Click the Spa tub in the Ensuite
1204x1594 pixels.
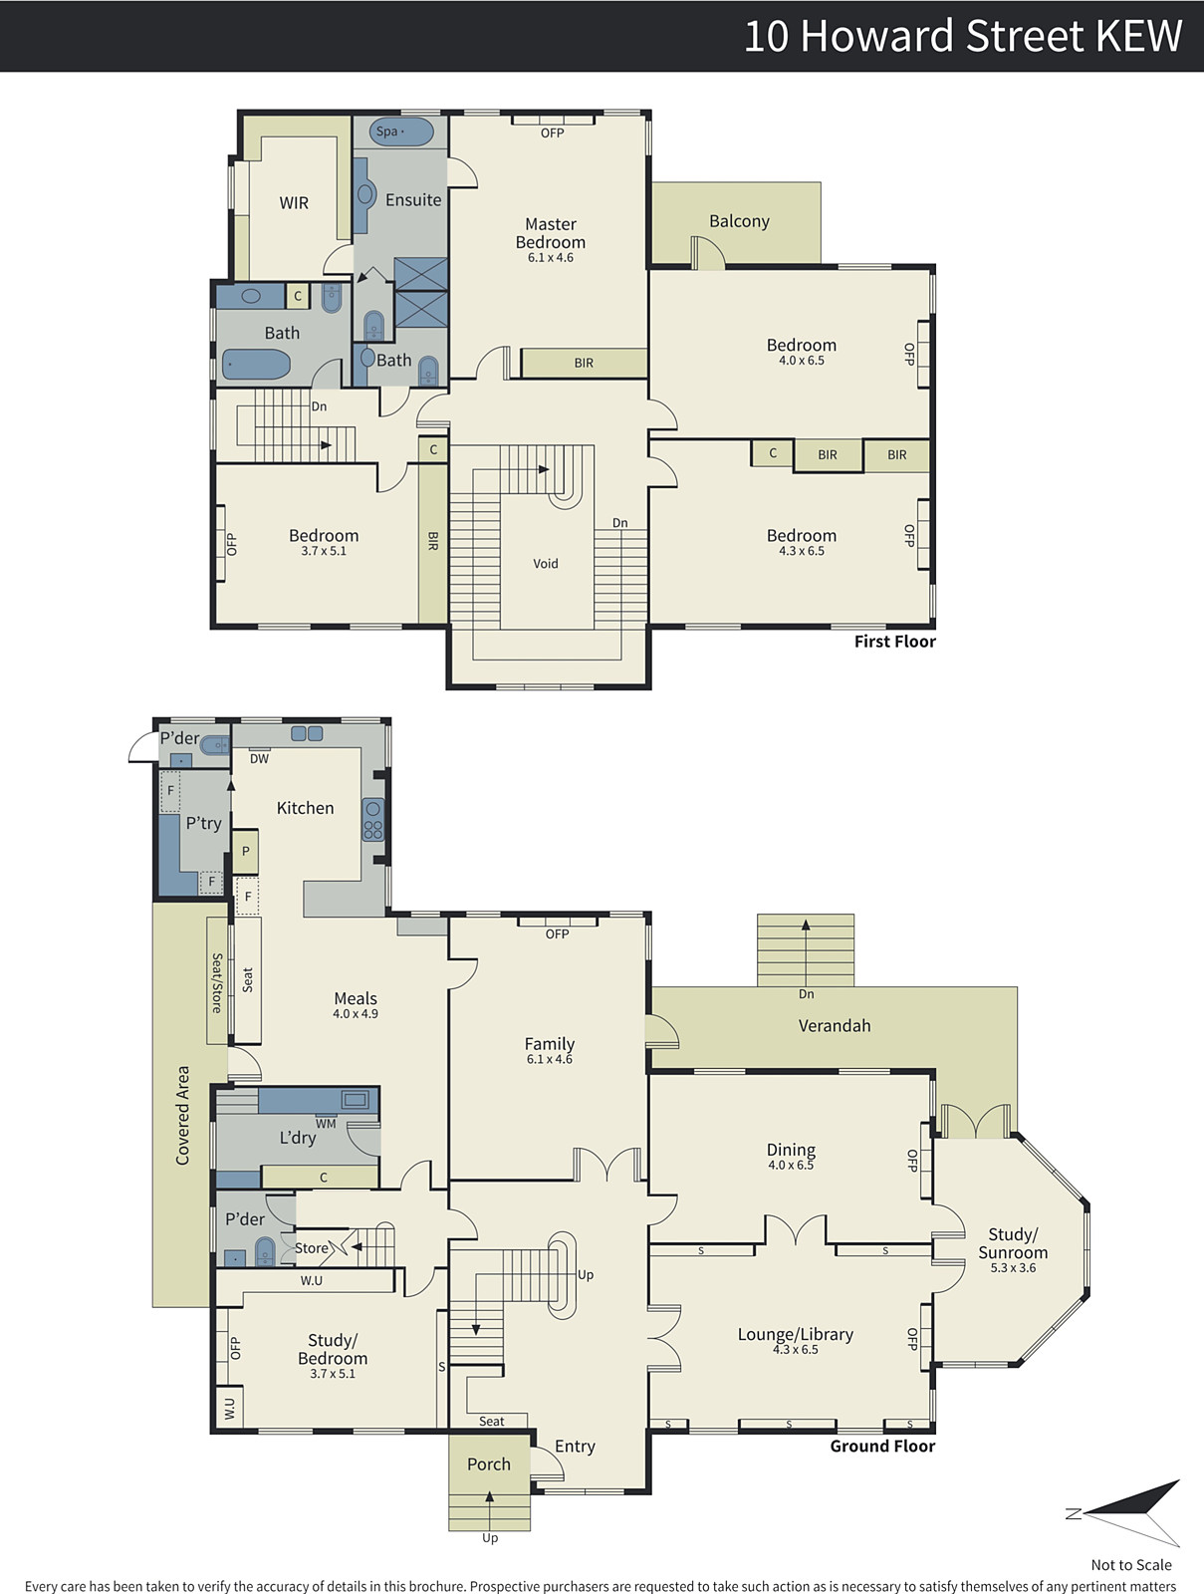click(x=401, y=133)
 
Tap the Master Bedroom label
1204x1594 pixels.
click(x=550, y=233)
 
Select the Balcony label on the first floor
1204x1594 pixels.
click(x=739, y=221)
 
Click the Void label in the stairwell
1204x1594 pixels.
click(x=546, y=564)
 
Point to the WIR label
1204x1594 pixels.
click(x=294, y=203)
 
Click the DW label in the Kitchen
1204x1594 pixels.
click(x=259, y=759)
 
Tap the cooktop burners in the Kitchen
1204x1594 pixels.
click(x=373, y=820)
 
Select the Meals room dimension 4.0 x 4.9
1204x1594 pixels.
click(x=356, y=1014)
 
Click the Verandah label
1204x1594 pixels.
click(x=835, y=1025)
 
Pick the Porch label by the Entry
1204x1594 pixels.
click(x=488, y=1464)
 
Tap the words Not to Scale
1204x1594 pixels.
click(x=1130, y=1564)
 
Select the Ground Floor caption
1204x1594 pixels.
click(x=882, y=1446)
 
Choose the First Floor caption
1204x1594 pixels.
click(x=895, y=642)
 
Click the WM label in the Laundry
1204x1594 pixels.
click(x=326, y=1124)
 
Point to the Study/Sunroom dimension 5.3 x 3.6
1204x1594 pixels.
click(x=1013, y=1268)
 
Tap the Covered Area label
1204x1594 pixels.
click(x=183, y=1116)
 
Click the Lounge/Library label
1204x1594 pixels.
click(x=796, y=1334)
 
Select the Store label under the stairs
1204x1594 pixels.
click(x=312, y=1248)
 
